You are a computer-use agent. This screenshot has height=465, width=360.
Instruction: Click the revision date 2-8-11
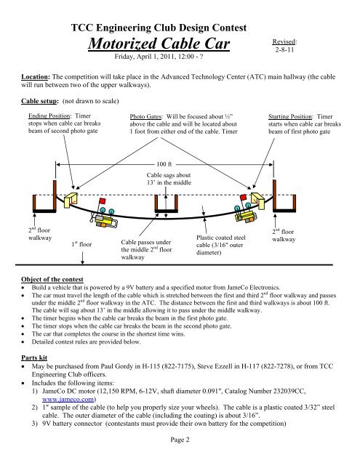[284, 52]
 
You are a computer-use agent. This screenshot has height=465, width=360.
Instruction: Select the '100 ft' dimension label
[167, 164]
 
